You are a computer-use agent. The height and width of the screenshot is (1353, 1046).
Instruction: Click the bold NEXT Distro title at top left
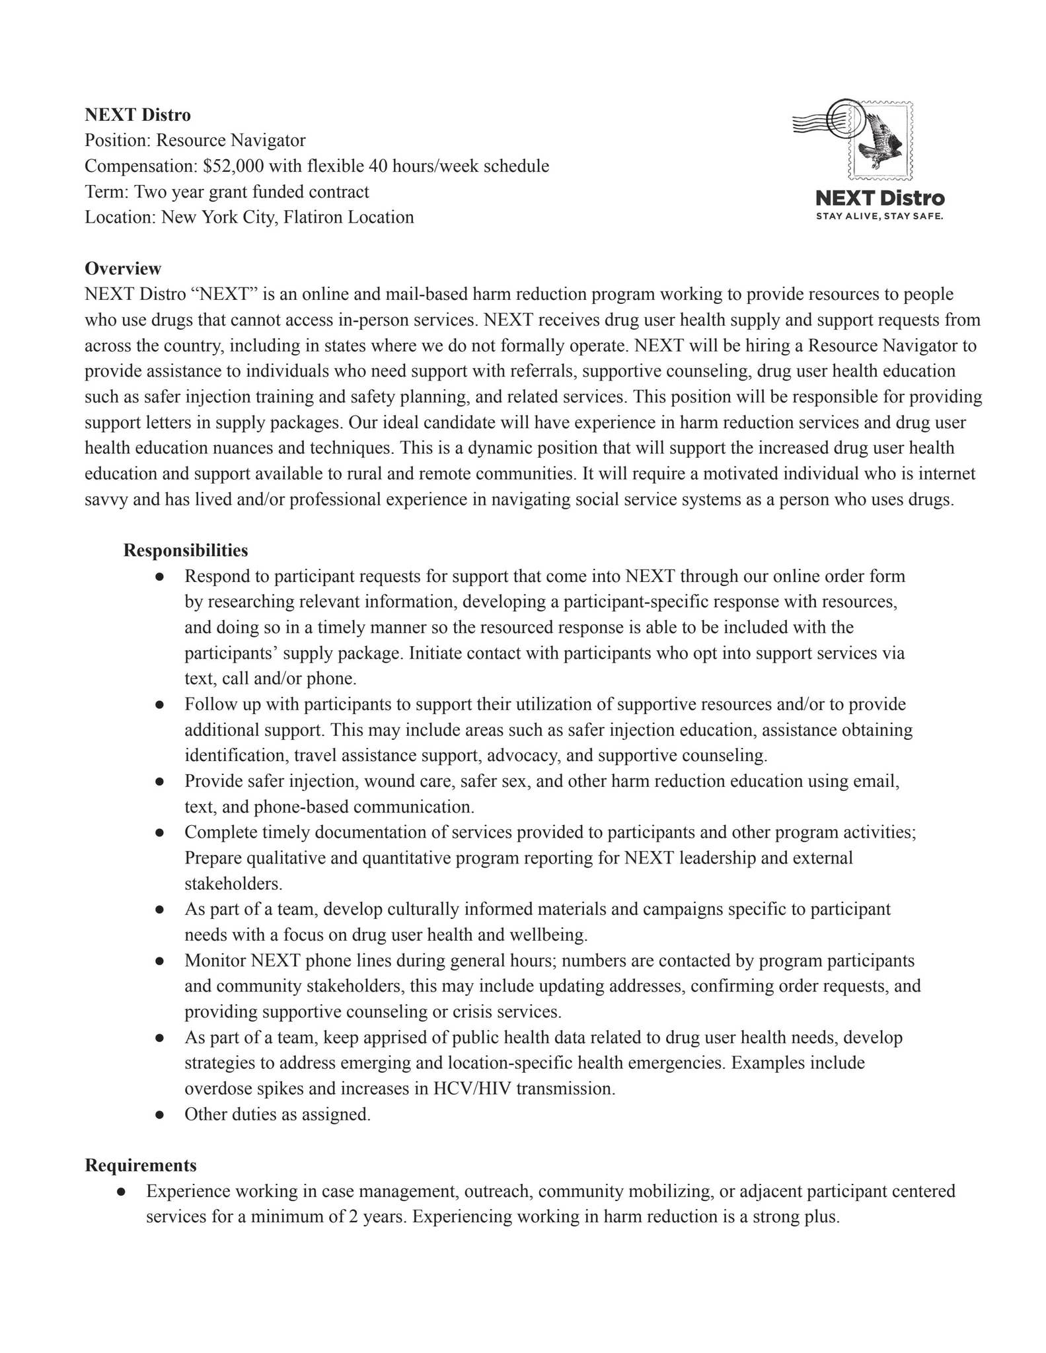coord(137,115)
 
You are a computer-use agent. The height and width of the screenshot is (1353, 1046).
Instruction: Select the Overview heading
coord(123,268)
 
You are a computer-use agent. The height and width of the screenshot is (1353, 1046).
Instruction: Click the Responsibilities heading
coord(186,550)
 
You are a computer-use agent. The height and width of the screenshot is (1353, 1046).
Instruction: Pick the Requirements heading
coord(141,1165)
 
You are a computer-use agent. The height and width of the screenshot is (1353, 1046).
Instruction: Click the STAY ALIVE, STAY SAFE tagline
coord(879,217)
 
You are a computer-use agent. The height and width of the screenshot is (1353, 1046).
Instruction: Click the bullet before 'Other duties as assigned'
coord(159,1115)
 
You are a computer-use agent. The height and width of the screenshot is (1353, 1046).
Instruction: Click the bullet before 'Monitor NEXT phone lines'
coord(159,961)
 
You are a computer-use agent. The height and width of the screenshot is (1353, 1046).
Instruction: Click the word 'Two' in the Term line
coord(148,192)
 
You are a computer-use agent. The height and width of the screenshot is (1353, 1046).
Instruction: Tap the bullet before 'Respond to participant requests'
coord(159,577)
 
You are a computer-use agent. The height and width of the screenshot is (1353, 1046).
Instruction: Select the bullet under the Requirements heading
coord(121,1191)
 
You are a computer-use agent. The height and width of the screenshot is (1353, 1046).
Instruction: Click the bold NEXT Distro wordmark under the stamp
coord(879,198)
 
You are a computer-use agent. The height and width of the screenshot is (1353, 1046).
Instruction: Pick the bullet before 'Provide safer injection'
coord(159,782)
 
